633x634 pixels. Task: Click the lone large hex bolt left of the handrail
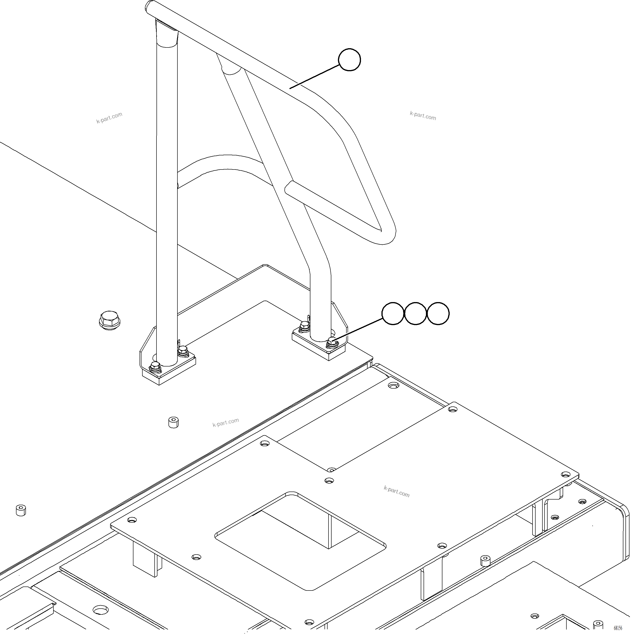110,320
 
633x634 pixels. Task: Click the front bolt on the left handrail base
155,367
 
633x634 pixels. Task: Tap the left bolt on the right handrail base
304,326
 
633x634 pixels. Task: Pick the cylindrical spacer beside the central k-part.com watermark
174,423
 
